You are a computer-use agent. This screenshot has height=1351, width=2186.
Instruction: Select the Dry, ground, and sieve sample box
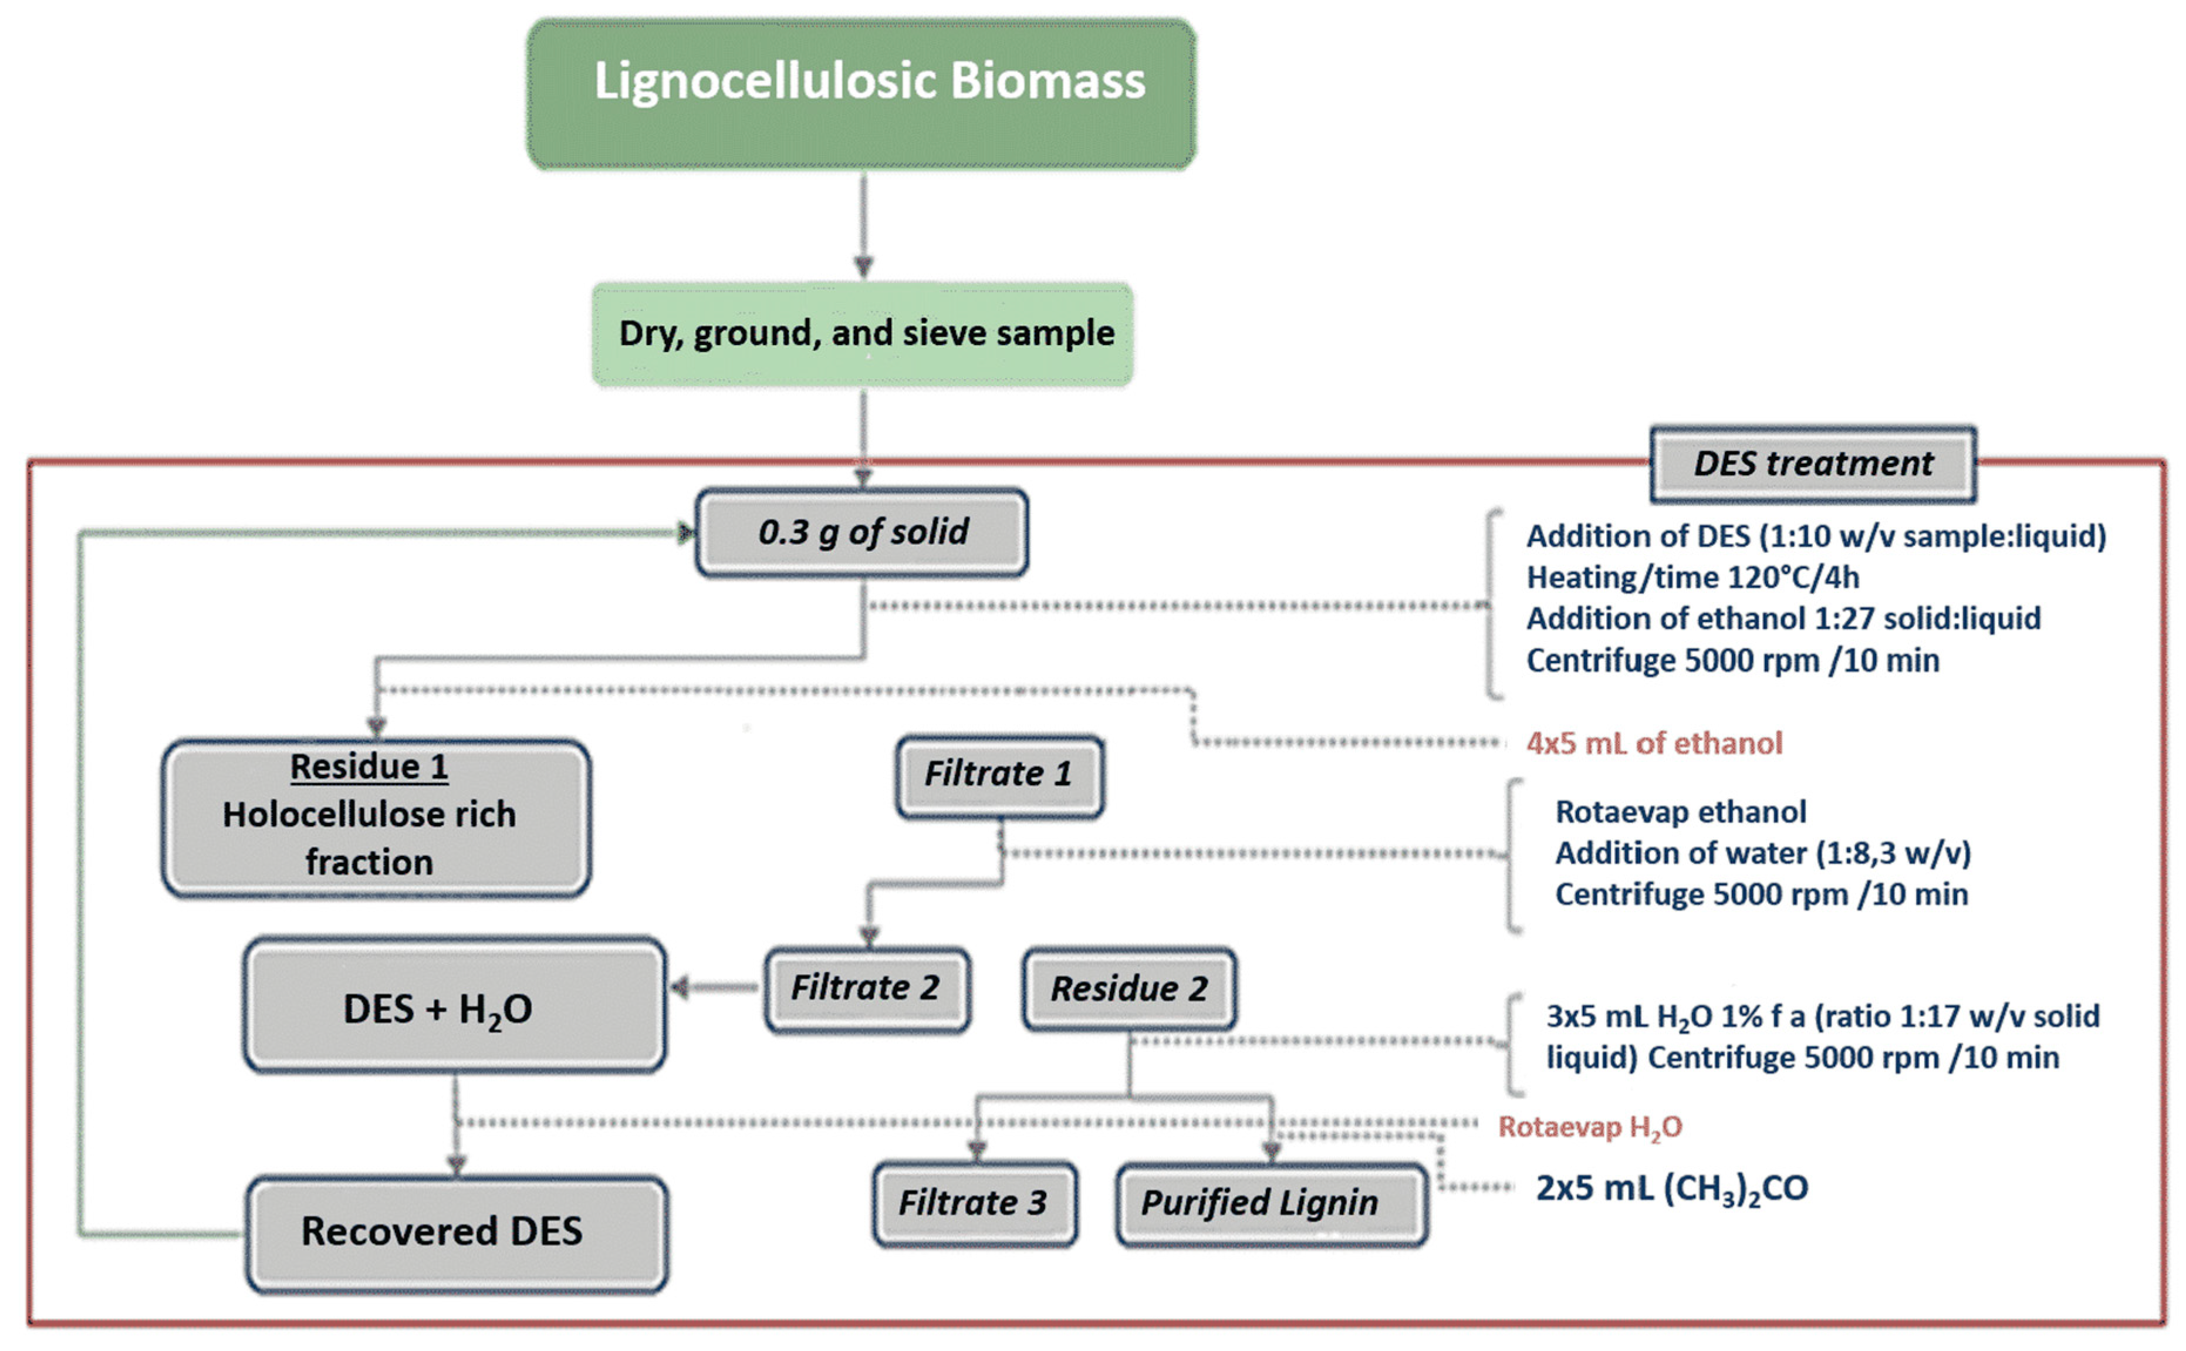point(863,334)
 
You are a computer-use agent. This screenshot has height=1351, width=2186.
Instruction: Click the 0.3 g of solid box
point(862,532)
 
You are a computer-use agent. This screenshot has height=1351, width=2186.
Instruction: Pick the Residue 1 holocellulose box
point(376,818)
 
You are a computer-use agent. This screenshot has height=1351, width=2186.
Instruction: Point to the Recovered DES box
point(457,1234)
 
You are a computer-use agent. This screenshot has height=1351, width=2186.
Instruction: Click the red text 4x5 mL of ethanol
point(1654,744)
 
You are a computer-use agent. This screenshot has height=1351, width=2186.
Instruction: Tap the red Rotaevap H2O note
point(1590,1127)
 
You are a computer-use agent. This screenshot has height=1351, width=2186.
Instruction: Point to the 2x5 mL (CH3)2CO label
point(1671,1189)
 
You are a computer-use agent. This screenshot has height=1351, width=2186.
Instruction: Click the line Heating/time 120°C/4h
point(1693,578)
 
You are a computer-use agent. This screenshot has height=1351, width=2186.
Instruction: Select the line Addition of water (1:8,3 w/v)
point(1762,853)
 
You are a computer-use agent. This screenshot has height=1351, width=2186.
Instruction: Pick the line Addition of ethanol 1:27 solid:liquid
point(1783,619)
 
